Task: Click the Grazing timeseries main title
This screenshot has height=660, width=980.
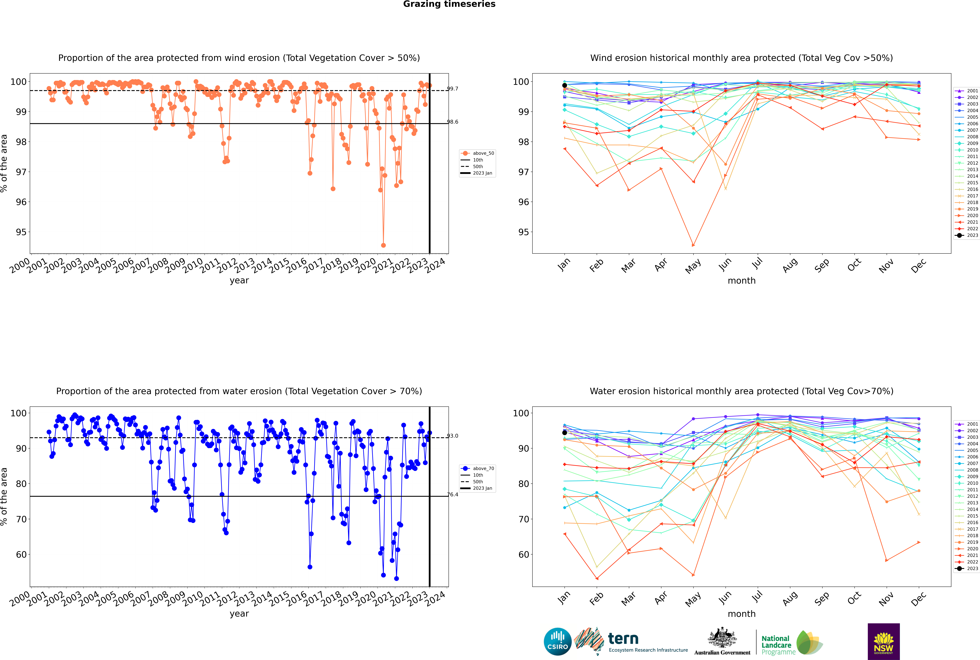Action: [449, 4]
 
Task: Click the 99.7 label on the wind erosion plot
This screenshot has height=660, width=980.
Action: [453, 89]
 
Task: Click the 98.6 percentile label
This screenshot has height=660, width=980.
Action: [453, 122]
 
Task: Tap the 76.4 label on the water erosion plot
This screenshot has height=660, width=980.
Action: [453, 495]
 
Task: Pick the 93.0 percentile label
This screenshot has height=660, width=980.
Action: [453, 436]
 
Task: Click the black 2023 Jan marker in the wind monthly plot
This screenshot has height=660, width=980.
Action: [565, 85]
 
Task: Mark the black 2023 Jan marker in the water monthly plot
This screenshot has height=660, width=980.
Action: [565, 433]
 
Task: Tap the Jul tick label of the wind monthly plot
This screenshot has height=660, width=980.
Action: [757, 264]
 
